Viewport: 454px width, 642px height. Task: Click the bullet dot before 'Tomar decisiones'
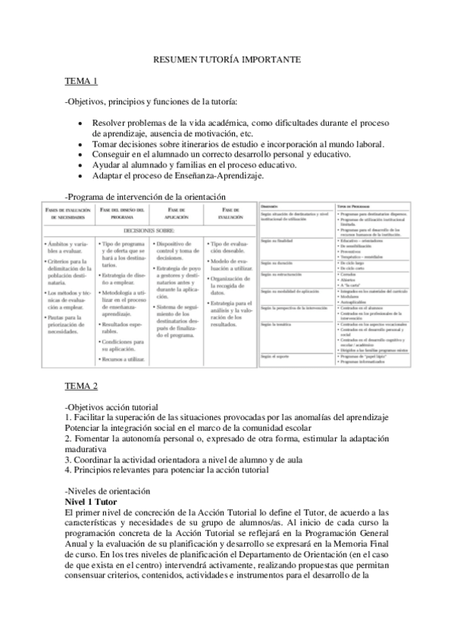[80, 144]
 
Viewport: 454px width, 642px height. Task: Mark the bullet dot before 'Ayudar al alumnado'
[80, 165]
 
